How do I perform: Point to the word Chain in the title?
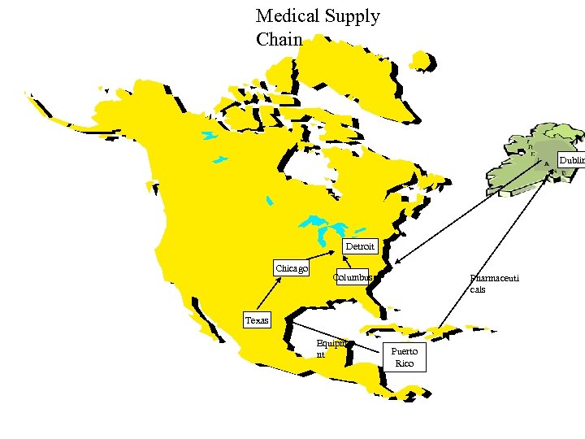click(x=279, y=39)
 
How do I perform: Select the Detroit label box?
click(x=360, y=246)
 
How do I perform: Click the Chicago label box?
click(x=292, y=268)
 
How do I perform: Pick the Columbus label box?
click(x=352, y=277)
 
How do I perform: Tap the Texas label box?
click(x=257, y=320)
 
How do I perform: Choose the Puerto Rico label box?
click(x=404, y=358)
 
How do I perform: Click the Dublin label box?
click(x=571, y=161)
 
